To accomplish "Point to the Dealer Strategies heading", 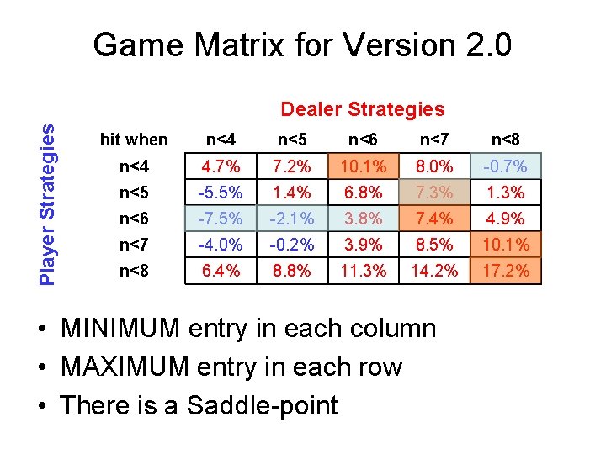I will coord(362,109).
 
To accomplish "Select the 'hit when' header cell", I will coord(134,140).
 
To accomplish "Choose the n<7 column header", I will coord(434,140).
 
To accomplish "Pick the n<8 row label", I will coord(134,271).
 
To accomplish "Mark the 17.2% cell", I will coord(506,271).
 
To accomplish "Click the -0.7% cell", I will coord(506,166).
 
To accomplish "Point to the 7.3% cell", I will coord(435,193).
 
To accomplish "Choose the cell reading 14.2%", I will coord(435,271).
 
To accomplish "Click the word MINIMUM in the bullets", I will coord(121,329).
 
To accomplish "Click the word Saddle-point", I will coord(262,406).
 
